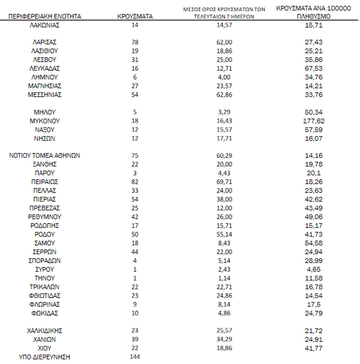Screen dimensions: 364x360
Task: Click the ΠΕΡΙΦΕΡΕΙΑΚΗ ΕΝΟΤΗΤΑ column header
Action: pos(45,17)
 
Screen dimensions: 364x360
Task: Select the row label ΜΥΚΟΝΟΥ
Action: pos(45,121)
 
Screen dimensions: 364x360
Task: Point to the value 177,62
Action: pos(314,121)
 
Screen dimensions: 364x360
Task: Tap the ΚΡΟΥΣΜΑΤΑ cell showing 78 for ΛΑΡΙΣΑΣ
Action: pos(134,42)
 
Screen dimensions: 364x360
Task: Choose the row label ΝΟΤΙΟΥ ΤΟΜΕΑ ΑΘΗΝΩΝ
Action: pos(45,156)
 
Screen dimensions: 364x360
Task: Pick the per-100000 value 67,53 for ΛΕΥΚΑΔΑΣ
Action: pos(314,68)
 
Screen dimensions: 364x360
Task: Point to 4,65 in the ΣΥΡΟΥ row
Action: pos(314,269)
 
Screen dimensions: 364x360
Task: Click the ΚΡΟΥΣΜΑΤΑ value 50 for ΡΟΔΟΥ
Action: pos(134,234)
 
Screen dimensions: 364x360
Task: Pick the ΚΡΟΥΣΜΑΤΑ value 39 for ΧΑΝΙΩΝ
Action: pos(134,339)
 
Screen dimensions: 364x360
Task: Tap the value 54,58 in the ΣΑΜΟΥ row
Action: pos(314,243)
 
